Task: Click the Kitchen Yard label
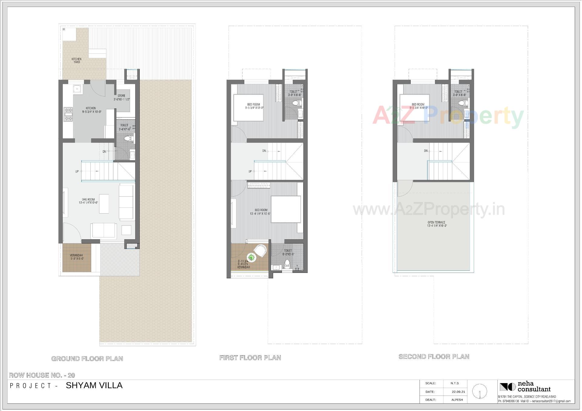pyautogui.click(x=76, y=61)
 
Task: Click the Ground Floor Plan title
pyautogui.click(x=87, y=359)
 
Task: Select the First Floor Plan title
pyautogui.click(x=250, y=358)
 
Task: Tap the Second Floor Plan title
pyautogui.click(x=434, y=356)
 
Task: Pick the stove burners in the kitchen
pyautogui.click(x=68, y=114)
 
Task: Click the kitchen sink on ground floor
pyautogui.click(x=77, y=89)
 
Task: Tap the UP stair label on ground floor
pyautogui.click(x=77, y=171)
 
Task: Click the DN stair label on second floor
pyautogui.click(x=426, y=151)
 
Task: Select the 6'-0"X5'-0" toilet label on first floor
pyautogui.click(x=288, y=252)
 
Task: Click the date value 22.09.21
pyautogui.click(x=458, y=392)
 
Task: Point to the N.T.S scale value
pyautogui.click(x=454, y=383)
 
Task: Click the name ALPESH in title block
pyautogui.click(x=457, y=400)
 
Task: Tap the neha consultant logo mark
pyautogui.click(x=507, y=387)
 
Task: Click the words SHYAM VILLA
pyautogui.click(x=94, y=385)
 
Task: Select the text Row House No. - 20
pyautogui.click(x=42, y=375)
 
